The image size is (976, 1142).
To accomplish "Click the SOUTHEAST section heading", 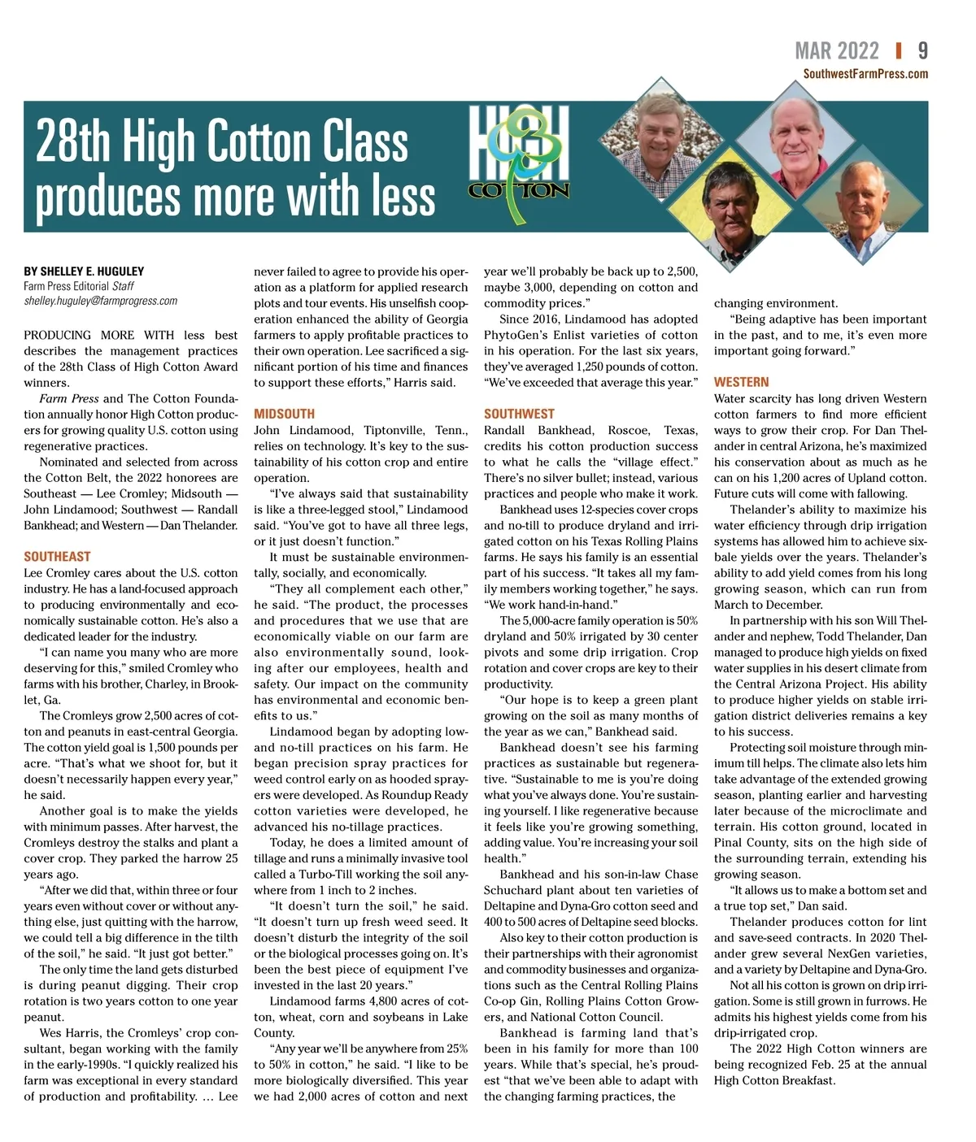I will click(x=57, y=557).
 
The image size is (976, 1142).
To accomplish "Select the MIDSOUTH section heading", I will click(x=284, y=414).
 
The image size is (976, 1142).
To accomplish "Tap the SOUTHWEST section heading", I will click(x=519, y=414).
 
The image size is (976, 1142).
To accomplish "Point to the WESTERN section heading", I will click(x=741, y=382).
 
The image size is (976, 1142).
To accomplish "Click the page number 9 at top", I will click(x=922, y=51).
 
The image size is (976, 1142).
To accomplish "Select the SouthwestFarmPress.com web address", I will click(x=865, y=74).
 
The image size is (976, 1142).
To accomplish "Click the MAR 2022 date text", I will click(x=837, y=51).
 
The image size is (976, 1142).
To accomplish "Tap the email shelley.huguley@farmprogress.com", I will click(x=100, y=301).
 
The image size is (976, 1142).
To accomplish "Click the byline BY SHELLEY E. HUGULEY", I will click(x=84, y=271).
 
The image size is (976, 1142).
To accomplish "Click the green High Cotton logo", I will click(x=519, y=163).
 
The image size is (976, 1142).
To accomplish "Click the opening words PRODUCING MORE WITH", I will click(x=99, y=335).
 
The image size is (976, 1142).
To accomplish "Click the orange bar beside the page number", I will click(x=899, y=51).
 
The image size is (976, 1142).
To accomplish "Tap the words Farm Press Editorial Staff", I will click(x=79, y=286).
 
